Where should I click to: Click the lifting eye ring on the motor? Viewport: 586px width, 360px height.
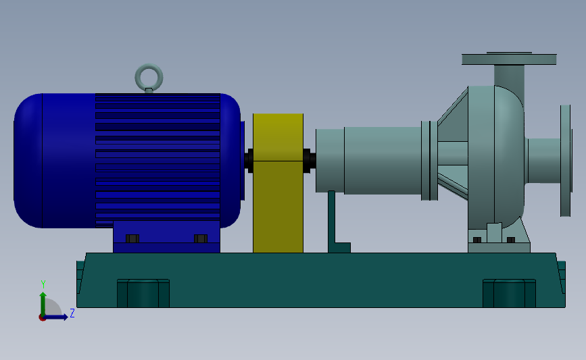[149, 76]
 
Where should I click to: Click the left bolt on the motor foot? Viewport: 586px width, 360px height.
[132, 238]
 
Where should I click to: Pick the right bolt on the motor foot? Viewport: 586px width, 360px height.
[200, 238]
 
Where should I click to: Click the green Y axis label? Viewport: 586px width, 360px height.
[43, 284]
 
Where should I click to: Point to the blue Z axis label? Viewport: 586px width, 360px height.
[72, 313]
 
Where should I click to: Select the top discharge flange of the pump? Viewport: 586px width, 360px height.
[509, 59]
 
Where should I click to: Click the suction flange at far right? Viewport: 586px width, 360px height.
[566, 161]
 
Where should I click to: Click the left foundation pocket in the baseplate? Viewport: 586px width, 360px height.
[143, 293]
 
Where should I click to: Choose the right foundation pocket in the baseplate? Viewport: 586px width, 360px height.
[509, 293]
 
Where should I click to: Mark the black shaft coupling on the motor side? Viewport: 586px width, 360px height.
[249, 161]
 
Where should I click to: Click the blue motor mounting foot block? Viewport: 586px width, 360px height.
[166, 236]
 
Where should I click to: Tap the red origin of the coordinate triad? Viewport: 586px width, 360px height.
[43, 317]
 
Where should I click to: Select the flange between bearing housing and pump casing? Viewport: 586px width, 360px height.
[426, 161]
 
